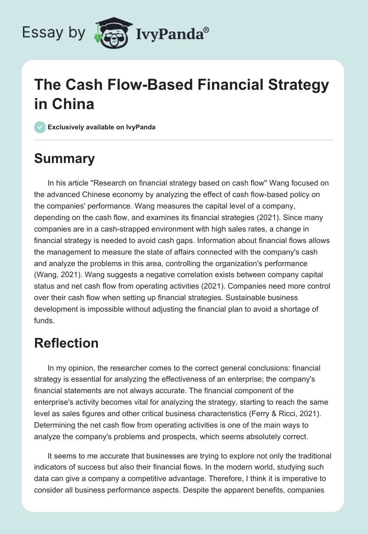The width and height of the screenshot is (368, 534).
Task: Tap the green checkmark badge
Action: point(40,127)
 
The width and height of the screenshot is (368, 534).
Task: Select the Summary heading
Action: point(64,159)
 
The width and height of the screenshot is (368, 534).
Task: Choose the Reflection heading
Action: point(66,343)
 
